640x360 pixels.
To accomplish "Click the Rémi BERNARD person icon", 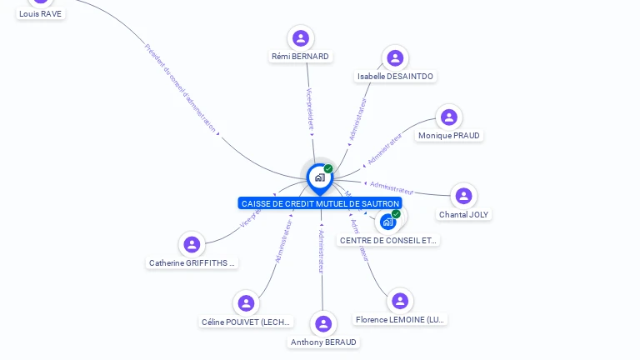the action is click(x=301, y=38).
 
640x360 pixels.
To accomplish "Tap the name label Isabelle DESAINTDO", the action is click(x=395, y=76).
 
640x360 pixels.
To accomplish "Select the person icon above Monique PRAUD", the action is click(x=449, y=117).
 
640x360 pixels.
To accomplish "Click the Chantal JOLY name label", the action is click(x=464, y=214).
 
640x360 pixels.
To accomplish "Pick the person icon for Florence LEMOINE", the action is click(x=400, y=301).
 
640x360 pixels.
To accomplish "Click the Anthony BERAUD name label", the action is click(x=323, y=342).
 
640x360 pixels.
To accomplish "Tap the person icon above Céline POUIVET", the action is click(x=246, y=303).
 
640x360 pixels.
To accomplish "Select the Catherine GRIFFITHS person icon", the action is click(x=192, y=244).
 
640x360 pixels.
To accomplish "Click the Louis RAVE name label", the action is click(x=40, y=13).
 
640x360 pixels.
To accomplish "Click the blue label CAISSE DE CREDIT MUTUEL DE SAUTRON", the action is click(x=320, y=203).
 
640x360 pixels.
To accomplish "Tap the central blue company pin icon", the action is click(x=319, y=177).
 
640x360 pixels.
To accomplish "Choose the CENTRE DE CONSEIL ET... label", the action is click(x=388, y=240).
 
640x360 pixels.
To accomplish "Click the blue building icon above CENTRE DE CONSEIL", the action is click(x=388, y=222).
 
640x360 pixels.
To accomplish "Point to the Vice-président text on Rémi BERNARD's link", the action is click(x=310, y=109).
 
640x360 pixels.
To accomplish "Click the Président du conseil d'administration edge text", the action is click(x=180, y=87).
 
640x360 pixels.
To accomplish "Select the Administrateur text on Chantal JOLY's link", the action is click(x=392, y=187).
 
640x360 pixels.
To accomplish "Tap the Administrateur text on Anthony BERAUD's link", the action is click(x=322, y=251).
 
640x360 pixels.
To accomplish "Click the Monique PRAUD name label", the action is click(x=449, y=136).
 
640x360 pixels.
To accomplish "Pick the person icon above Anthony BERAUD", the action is click(x=323, y=323).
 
